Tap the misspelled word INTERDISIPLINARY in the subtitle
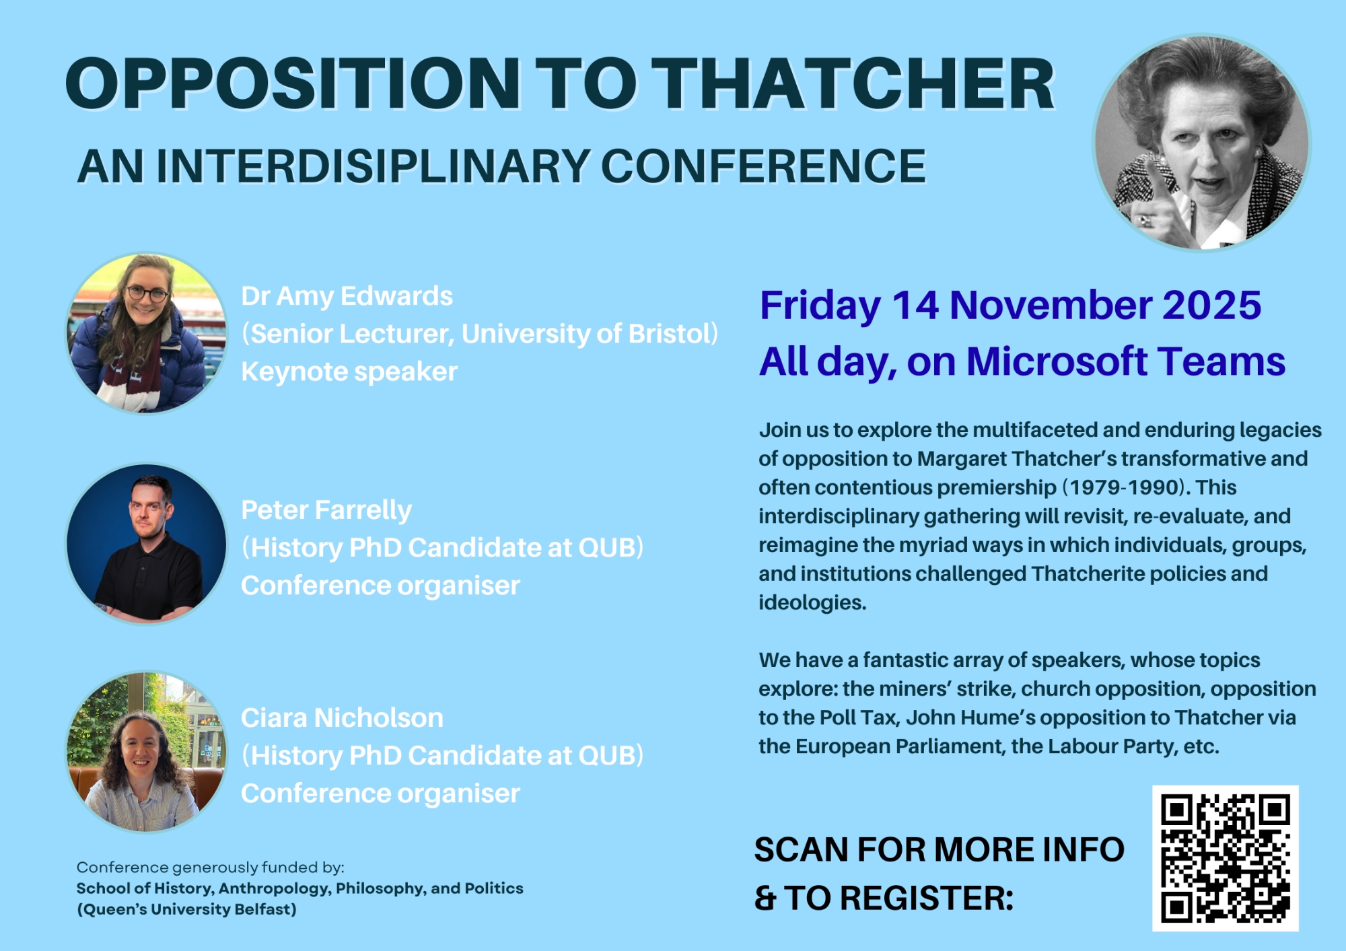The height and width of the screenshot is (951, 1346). (373, 166)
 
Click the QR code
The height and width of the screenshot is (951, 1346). (1226, 858)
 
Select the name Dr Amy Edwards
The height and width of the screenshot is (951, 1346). (347, 296)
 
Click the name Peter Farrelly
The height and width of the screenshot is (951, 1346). (326, 510)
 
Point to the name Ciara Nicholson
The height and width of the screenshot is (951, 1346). (342, 718)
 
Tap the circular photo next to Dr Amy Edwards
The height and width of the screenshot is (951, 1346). (147, 333)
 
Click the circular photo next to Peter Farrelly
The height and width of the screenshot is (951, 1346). (147, 543)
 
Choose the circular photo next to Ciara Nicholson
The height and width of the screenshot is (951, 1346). (147, 751)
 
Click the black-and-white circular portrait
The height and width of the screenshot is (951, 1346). (1202, 143)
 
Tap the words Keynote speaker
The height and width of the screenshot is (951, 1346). (349, 372)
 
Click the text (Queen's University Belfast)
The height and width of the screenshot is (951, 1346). (186, 909)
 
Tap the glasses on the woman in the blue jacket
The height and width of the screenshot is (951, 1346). (146, 294)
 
